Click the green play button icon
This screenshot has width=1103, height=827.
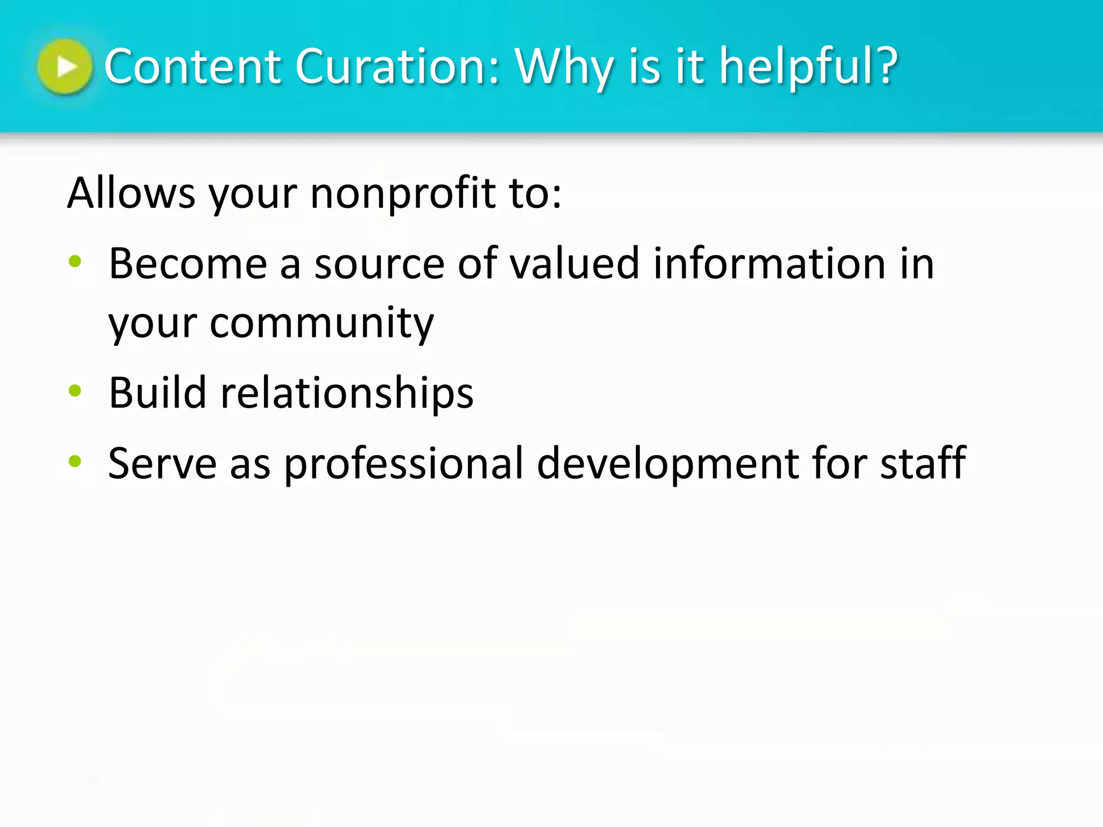click(x=65, y=66)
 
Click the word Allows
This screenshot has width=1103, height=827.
click(x=131, y=193)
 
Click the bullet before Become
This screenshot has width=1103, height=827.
click(x=75, y=262)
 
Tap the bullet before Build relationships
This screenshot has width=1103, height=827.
click(x=75, y=391)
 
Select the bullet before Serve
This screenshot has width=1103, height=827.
click(x=75, y=461)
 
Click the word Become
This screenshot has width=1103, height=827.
click(x=188, y=264)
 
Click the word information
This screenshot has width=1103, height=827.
click(x=769, y=264)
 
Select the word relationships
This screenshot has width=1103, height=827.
click(x=347, y=394)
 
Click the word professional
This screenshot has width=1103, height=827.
click(x=403, y=464)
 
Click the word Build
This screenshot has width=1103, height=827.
click(x=157, y=393)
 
